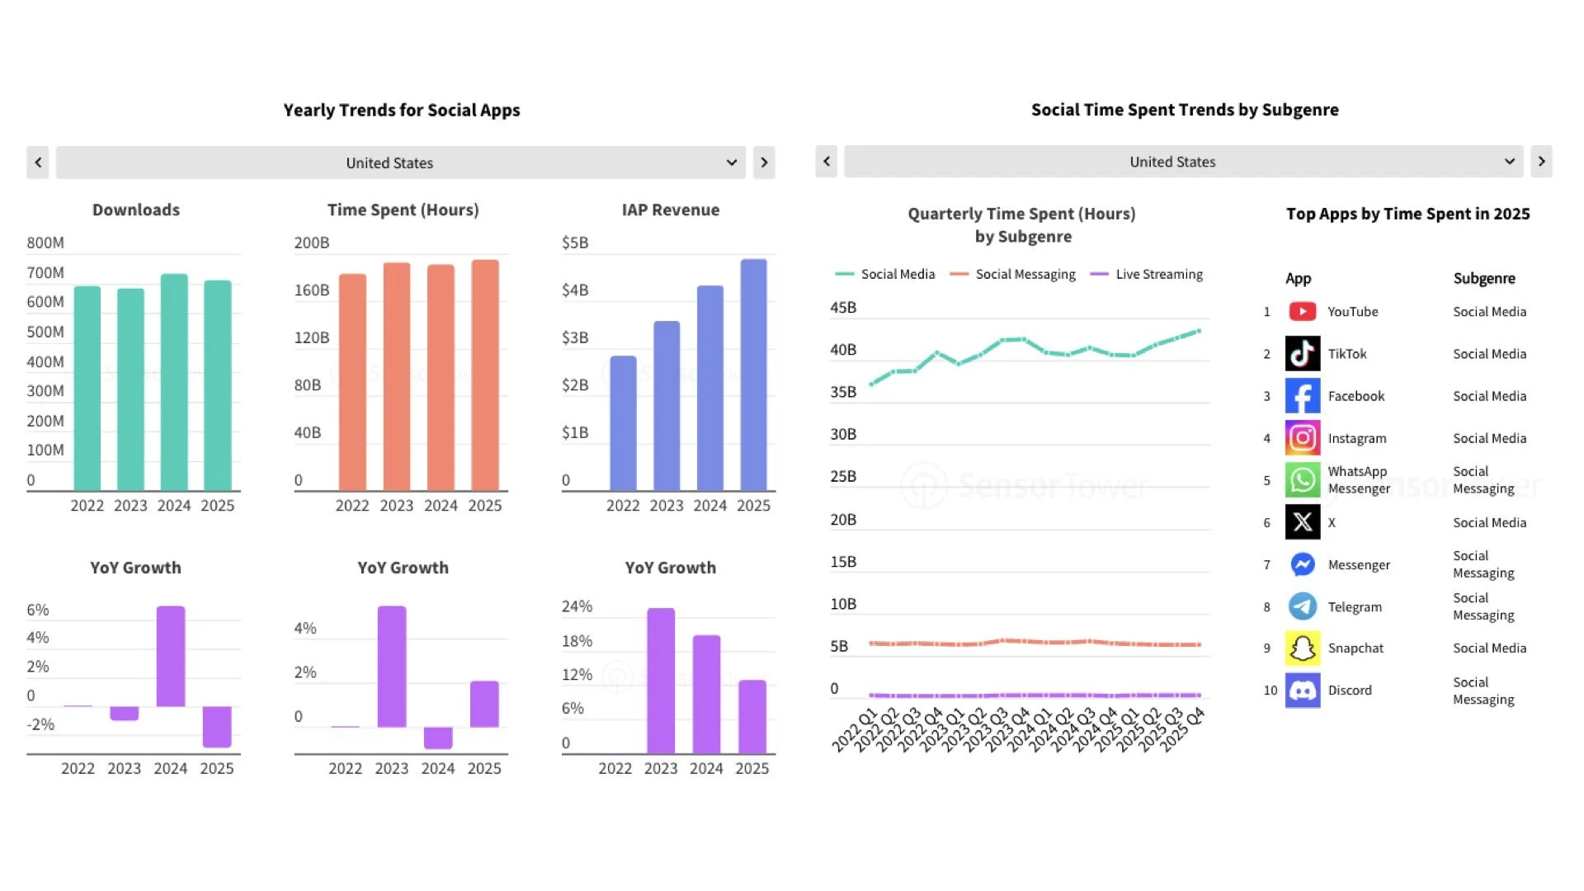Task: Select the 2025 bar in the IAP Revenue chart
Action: (x=753, y=375)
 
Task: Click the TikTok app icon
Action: (x=1302, y=354)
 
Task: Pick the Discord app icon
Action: (x=1302, y=691)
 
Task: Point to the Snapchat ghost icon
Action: (x=1302, y=648)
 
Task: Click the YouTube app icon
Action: (x=1302, y=312)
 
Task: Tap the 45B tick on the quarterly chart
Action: (x=843, y=308)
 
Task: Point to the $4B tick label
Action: (x=575, y=290)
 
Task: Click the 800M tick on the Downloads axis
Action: (x=45, y=243)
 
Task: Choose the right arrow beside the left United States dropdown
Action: (x=764, y=163)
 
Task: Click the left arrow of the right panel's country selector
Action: (x=827, y=162)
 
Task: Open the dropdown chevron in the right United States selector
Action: (x=1509, y=162)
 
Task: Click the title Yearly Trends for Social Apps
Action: (x=402, y=111)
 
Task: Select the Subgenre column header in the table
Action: (x=1483, y=279)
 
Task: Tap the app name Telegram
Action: (x=1355, y=607)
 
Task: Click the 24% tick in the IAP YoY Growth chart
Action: (x=577, y=606)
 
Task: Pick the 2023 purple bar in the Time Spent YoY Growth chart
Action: (x=392, y=667)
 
